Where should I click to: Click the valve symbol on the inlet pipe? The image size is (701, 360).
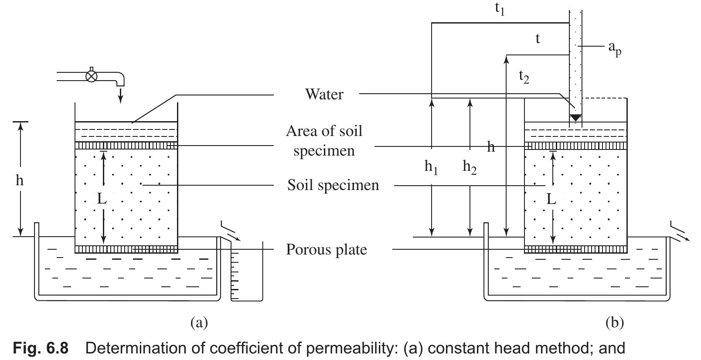[91, 76]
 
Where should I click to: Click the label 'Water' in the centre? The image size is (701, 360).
[324, 94]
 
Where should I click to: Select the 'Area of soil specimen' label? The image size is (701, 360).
[324, 140]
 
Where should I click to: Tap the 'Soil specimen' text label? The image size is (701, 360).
[333, 185]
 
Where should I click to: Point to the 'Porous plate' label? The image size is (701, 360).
[327, 250]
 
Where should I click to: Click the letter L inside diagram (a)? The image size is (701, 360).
[101, 199]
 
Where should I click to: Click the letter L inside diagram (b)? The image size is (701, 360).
[551, 199]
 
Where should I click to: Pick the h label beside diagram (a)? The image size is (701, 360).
[19, 180]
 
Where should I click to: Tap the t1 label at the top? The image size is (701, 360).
[500, 9]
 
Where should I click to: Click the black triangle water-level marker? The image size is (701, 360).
[575, 118]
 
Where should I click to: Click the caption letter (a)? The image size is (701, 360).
[199, 323]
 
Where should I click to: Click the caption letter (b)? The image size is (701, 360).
[615, 323]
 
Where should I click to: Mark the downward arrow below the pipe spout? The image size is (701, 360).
[121, 95]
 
